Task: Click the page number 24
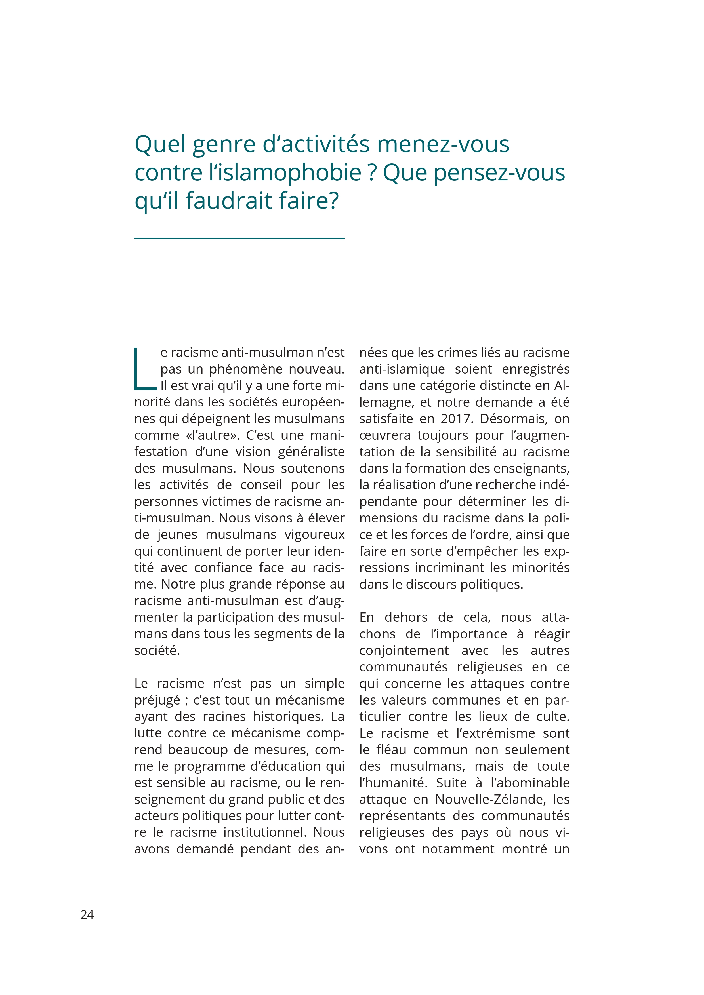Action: tap(87, 914)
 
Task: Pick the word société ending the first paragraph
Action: tap(157, 650)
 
